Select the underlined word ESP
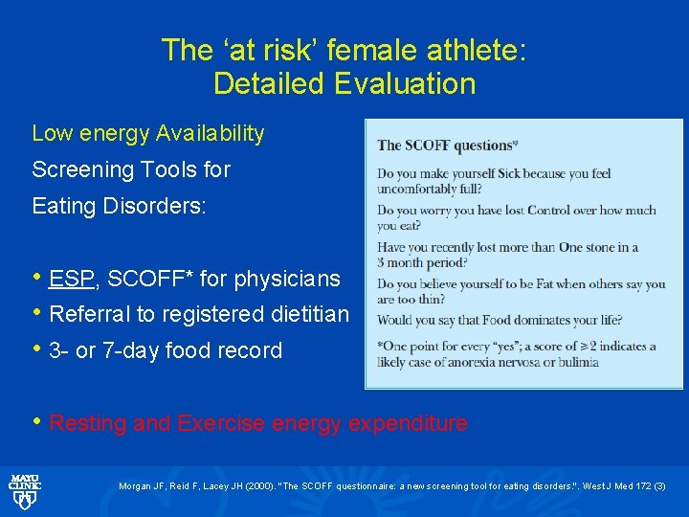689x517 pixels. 71,279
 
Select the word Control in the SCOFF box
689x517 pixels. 570,210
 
